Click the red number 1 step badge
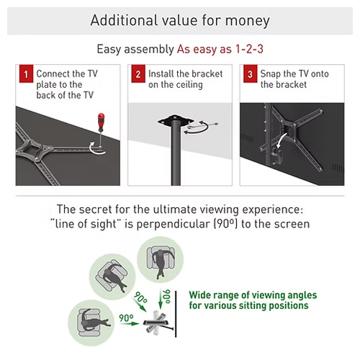pyautogui.click(x=26, y=73)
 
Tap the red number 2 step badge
pyautogui.click(x=138, y=73)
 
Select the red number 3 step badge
pyautogui.click(x=251, y=73)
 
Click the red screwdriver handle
pyautogui.click(x=102, y=122)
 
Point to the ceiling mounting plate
pyautogui.click(x=176, y=120)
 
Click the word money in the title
pyautogui.click(x=247, y=21)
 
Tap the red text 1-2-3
pyautogui.click(x=249, y=49)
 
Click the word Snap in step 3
pyautogui.click(x=271, y=74)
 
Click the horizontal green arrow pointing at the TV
pyautogui.click(x=130, y=323)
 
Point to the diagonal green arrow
pyautogui.click(x=140, y=305)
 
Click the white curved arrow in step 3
pyautogui.click(x=281, y=141)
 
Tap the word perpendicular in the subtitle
pyautogui.click(x=173, y=225)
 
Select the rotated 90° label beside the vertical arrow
pyautogui.click(x=167, y=297)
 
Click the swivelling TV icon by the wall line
pyautogui.click(x=156, y=323)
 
